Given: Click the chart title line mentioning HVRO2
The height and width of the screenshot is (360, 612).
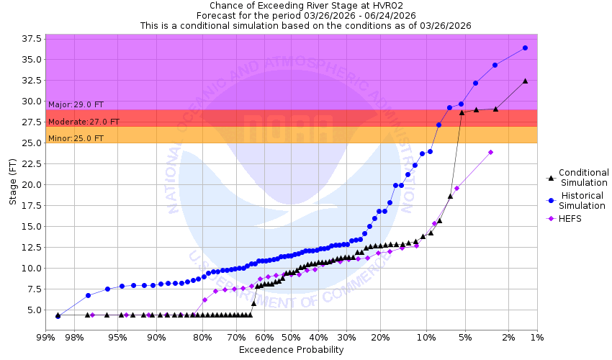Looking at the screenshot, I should coord(305,5).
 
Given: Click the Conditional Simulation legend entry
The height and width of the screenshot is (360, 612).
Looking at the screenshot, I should coord(583,177).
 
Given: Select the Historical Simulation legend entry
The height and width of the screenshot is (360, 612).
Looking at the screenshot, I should coord(583,201).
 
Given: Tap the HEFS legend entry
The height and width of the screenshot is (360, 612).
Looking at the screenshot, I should coord(570,219).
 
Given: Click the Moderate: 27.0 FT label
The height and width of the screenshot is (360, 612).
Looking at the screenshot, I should coord(84,122).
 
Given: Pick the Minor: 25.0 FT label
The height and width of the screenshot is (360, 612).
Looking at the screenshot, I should coord(76,139).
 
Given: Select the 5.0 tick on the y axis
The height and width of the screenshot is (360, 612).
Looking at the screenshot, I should coord(35,310).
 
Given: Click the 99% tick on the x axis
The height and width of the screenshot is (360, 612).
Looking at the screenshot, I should coord(45,337).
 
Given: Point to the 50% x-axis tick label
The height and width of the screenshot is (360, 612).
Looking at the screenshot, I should coord(290,337).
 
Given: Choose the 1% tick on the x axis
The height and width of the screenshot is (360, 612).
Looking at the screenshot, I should coord(536,337).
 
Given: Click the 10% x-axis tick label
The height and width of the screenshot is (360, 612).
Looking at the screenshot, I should coord(427,337).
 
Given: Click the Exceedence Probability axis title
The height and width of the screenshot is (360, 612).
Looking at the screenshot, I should coord(291,350).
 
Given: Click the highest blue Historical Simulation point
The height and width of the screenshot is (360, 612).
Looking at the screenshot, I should coord(525,48).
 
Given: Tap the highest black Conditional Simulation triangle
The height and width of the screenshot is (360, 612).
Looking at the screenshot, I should coord(525,81).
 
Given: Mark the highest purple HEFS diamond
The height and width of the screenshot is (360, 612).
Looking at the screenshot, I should coord(490,152).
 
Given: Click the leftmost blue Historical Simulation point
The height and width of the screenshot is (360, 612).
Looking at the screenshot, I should coord(58,315).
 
